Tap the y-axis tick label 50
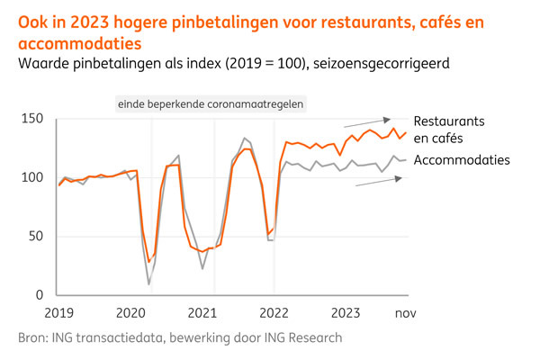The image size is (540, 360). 35,237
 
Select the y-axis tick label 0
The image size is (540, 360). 39,295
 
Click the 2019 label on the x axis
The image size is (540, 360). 58,312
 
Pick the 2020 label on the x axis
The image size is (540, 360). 130,312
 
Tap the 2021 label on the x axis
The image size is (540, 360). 202,312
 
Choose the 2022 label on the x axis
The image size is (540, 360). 274,312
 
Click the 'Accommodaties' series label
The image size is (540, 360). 462,160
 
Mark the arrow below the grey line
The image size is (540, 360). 378,182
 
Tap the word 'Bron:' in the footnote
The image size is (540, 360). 33,337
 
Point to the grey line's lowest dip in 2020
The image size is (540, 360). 148,284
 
